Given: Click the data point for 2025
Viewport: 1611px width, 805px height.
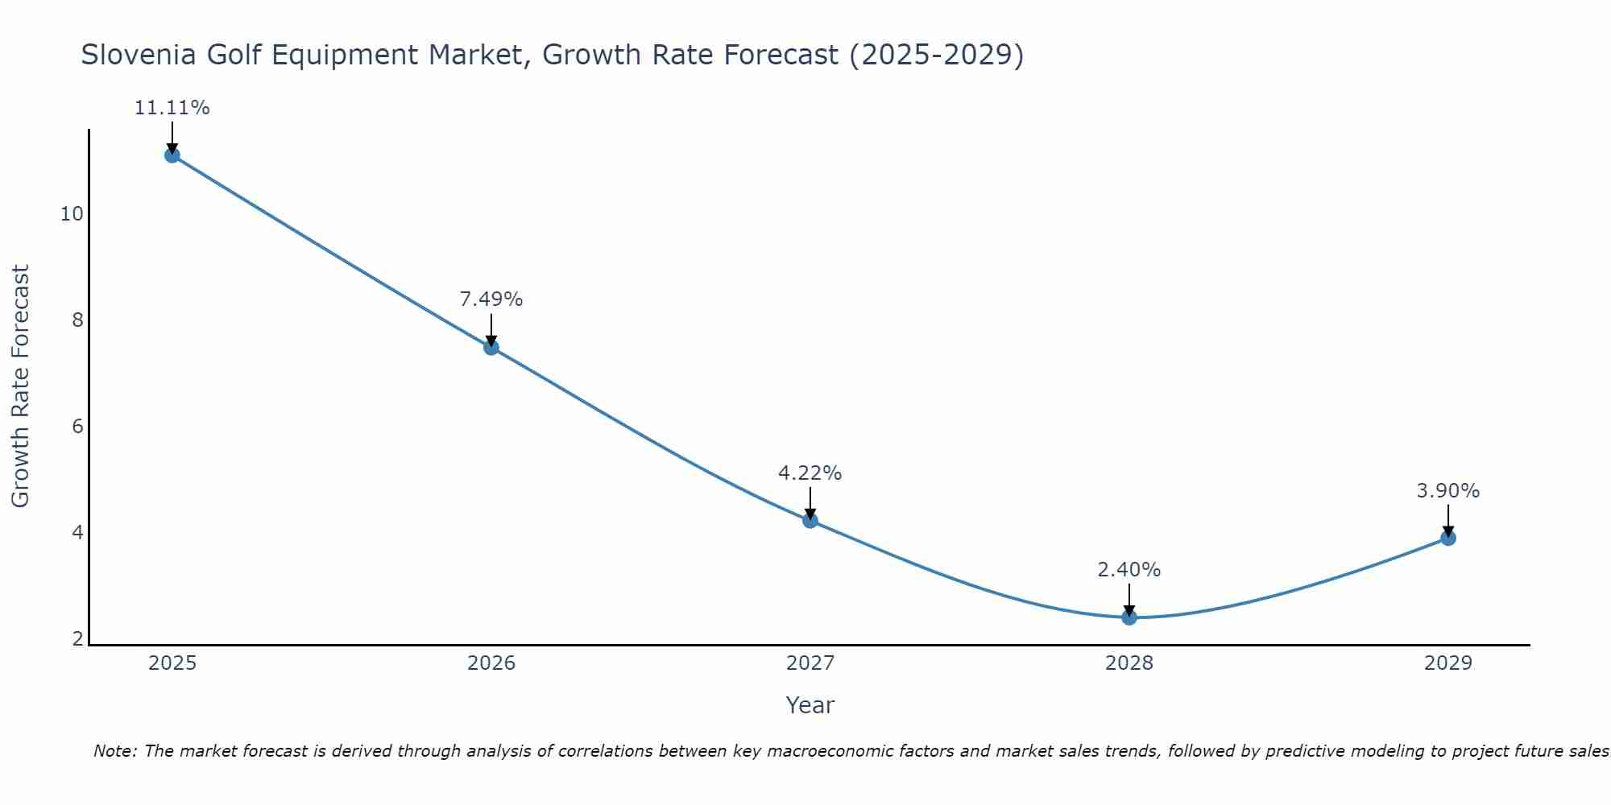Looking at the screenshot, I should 172,155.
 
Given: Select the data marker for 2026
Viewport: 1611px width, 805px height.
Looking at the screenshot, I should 491,347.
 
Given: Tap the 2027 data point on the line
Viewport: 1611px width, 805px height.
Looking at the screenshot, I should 810,520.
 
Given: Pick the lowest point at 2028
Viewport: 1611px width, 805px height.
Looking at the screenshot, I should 1129,617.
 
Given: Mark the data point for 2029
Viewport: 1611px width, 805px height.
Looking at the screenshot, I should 1448,538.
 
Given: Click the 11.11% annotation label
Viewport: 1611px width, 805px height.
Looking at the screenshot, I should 172,108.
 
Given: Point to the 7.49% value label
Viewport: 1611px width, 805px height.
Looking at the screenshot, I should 491,299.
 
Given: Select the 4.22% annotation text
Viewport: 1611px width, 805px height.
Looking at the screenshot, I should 810,473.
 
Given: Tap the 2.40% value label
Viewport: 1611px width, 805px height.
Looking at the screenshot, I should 1129,570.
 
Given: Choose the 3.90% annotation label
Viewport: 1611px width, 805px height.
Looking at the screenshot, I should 1448,491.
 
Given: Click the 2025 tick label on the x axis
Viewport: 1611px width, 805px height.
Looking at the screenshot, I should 172,663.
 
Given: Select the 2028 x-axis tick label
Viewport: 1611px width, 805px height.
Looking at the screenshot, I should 1129,663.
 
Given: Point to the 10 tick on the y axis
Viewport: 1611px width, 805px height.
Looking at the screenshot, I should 72,214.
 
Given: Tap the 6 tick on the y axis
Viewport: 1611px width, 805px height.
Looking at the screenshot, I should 77,427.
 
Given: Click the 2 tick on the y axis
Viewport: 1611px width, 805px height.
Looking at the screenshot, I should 77,639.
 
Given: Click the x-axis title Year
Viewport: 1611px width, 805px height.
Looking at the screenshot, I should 810,705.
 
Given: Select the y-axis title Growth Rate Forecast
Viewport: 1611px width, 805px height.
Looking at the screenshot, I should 20,386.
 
